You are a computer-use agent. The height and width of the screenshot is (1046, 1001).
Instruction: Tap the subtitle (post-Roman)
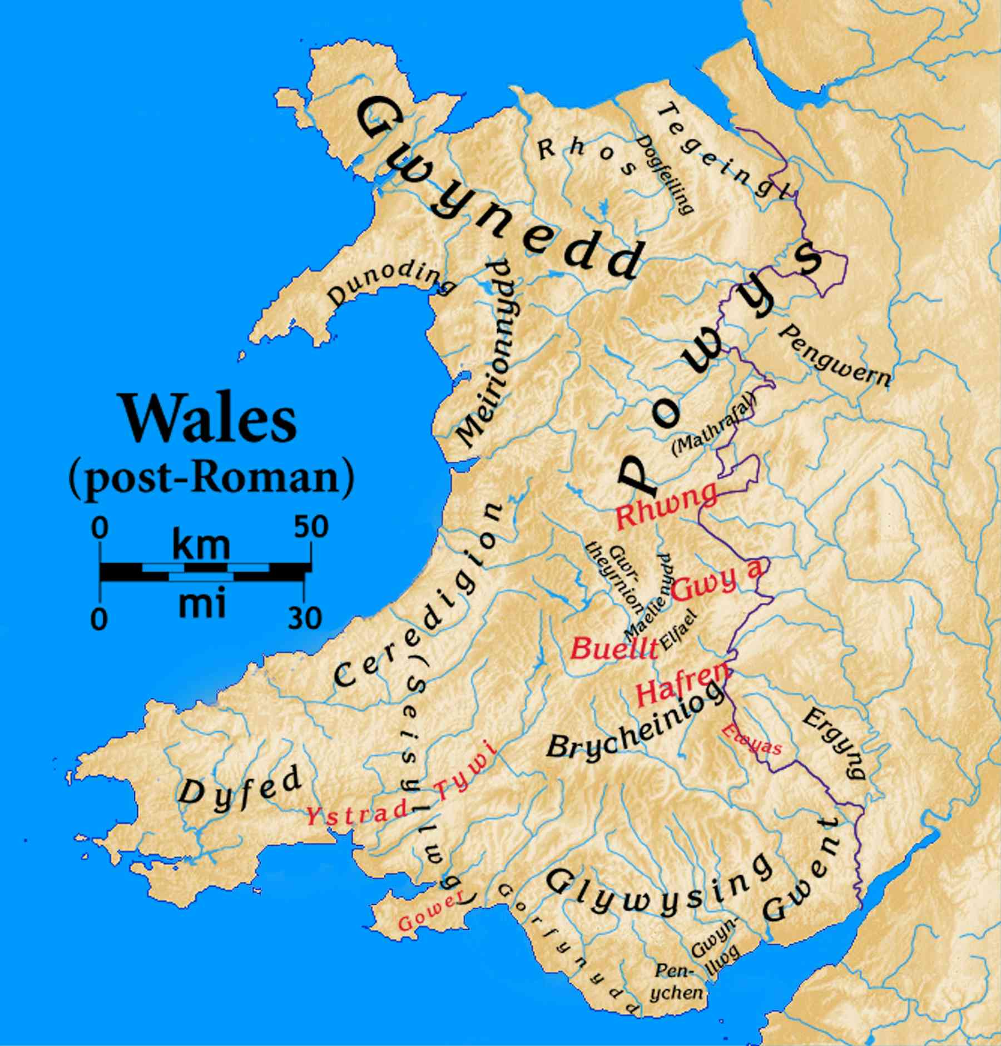coord(211,479)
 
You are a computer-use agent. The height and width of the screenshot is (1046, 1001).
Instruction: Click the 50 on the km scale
coord(311,527)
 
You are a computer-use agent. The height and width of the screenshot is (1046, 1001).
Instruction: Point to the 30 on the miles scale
coord(304,617)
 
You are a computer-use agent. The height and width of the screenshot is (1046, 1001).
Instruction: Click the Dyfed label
coord(240,786)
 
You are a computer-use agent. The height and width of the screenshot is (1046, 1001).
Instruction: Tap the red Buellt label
coord(614,648)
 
